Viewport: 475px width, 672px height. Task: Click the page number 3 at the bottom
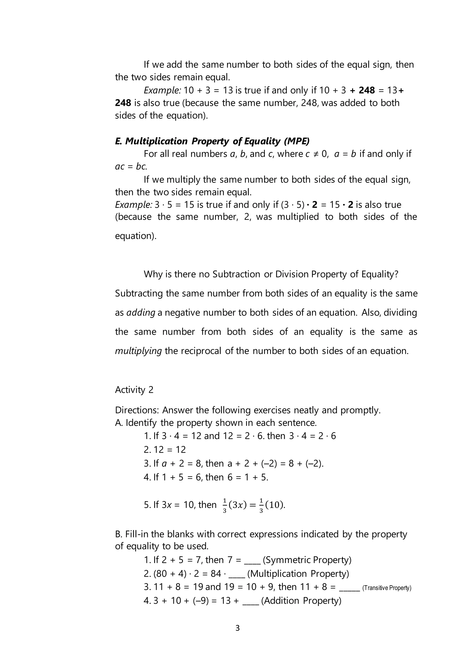tap(237, 628)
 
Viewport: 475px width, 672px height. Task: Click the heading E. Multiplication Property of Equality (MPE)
tap(212, 141)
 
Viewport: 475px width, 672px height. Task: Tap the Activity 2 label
tap(134, 390)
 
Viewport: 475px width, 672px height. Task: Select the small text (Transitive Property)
tap(387, 588)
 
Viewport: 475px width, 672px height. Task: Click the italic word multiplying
tap(138, 351)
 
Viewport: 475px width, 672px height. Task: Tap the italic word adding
tap(141, 313)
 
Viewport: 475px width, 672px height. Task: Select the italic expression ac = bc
tap(131, 167)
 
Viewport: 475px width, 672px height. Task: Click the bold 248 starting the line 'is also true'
tap(123, 103)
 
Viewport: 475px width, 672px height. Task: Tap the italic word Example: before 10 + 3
tap(162, 90)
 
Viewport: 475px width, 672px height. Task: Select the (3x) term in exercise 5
tap(237, 505)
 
